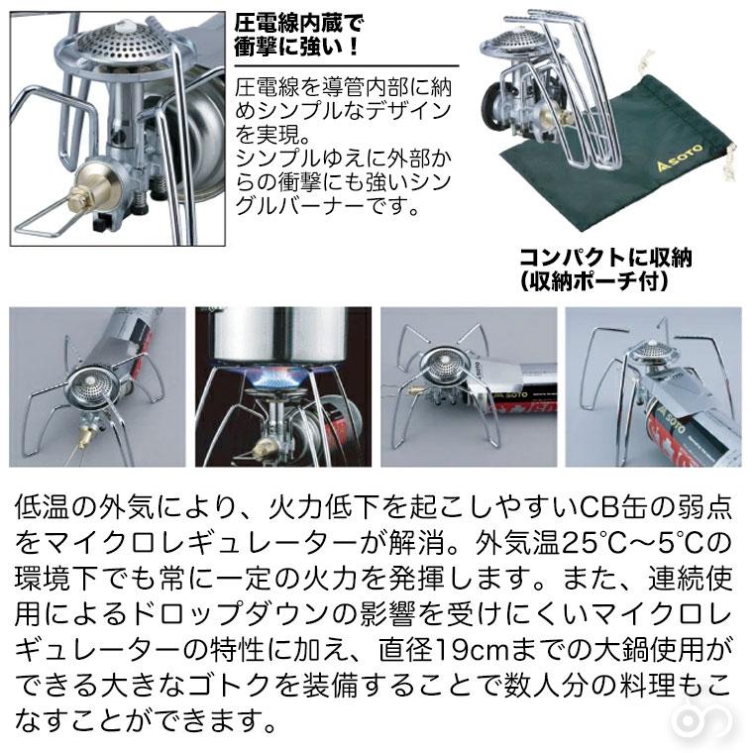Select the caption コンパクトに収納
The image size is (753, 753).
[x=605, y=259]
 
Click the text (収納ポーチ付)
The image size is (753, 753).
[x=593, y=281]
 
